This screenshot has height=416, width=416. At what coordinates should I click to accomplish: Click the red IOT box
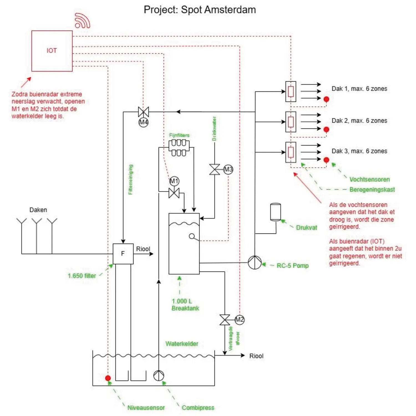pyautogui.click(x=52, y=51)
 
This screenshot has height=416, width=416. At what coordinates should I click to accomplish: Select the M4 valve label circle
pyautogui.click(x=143, y=122)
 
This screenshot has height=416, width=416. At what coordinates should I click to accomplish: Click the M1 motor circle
pyautogui.click(x=174, y=181)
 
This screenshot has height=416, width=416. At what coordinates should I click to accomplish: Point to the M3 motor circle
pyautogui.click(x=228, y=170)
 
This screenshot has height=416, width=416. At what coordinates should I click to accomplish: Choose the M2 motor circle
pyautogui.click(x=239, y=320)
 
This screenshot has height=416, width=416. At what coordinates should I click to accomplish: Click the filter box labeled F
pyautogui.click(x=123, y=254)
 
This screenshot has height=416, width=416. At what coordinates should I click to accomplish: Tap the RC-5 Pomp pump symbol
pyautogui.click(x=254, y=262)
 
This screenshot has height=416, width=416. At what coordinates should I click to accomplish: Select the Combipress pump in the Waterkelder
pyautogui.click(x=159, y=376)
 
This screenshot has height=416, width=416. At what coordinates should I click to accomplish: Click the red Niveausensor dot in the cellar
pyautogui.click(x=108, y=378)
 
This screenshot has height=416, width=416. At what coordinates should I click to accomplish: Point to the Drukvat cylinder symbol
pyautogui.click(x=275, y=212)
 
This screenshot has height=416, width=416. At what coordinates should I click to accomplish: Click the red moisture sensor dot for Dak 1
pyautogui.click(x=326, y=99)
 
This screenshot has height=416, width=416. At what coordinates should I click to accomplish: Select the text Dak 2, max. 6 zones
pyautogui.click(x=359, y=121)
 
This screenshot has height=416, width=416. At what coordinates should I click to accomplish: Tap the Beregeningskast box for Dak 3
pyautogui.click(x=291, y=152)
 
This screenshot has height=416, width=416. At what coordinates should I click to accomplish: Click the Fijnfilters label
pyautogui.click(x=179, y=135)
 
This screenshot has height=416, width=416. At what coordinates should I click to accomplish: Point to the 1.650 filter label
pyautogui.click(x=82, y=276)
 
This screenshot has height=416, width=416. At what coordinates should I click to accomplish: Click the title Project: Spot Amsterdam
pyautogui.click(x=200, y=10)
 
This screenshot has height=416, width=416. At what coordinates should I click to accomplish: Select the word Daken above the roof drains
pyautogui.click(x=38, y=210)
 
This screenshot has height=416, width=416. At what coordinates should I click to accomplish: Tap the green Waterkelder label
pyautogui.click(x=182, y=344)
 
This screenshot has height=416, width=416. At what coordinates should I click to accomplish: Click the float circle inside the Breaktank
pyautogui.click(x=192, y=236)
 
